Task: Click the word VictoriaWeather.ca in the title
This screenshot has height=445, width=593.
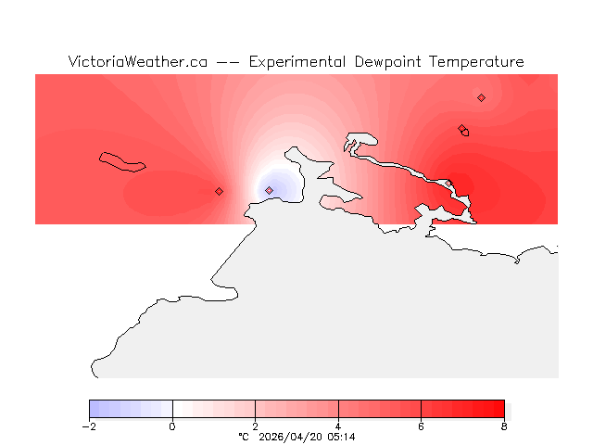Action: [137, 62]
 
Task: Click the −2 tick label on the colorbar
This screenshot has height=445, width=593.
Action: [89, 426]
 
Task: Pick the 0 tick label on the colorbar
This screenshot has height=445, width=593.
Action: [172, 426]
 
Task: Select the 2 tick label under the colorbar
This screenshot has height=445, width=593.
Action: [255, 426]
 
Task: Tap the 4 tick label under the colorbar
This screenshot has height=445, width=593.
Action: [338, 426]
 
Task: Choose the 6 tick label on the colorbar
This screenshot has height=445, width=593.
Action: [421, 426]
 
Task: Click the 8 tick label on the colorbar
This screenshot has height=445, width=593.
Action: [504, 426]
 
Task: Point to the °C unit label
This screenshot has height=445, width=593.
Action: [244, 437]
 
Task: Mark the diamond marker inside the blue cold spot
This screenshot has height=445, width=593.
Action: [269, 190]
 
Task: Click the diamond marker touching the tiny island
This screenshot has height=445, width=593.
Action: [461, 129]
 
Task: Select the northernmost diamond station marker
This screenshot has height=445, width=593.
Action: [481, 97]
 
